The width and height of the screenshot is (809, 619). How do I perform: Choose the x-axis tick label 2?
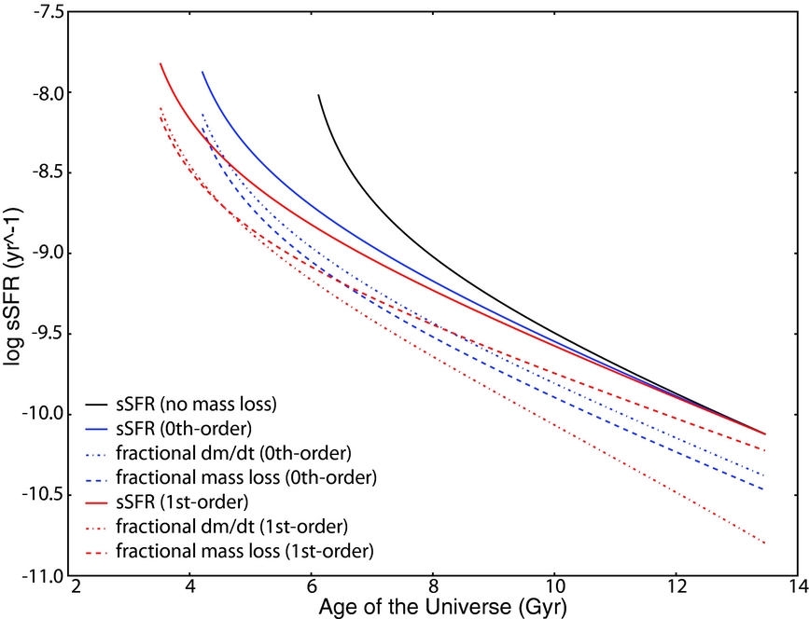click(x=77, y=588)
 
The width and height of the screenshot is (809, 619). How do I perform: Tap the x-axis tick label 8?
click(x=433, y=588)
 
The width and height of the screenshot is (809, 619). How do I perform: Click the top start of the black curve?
click(x=318, y=94)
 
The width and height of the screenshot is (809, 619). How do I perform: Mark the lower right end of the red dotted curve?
click(x=765, y=543)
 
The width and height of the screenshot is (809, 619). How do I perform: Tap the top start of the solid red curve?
click(x=160, y=63)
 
